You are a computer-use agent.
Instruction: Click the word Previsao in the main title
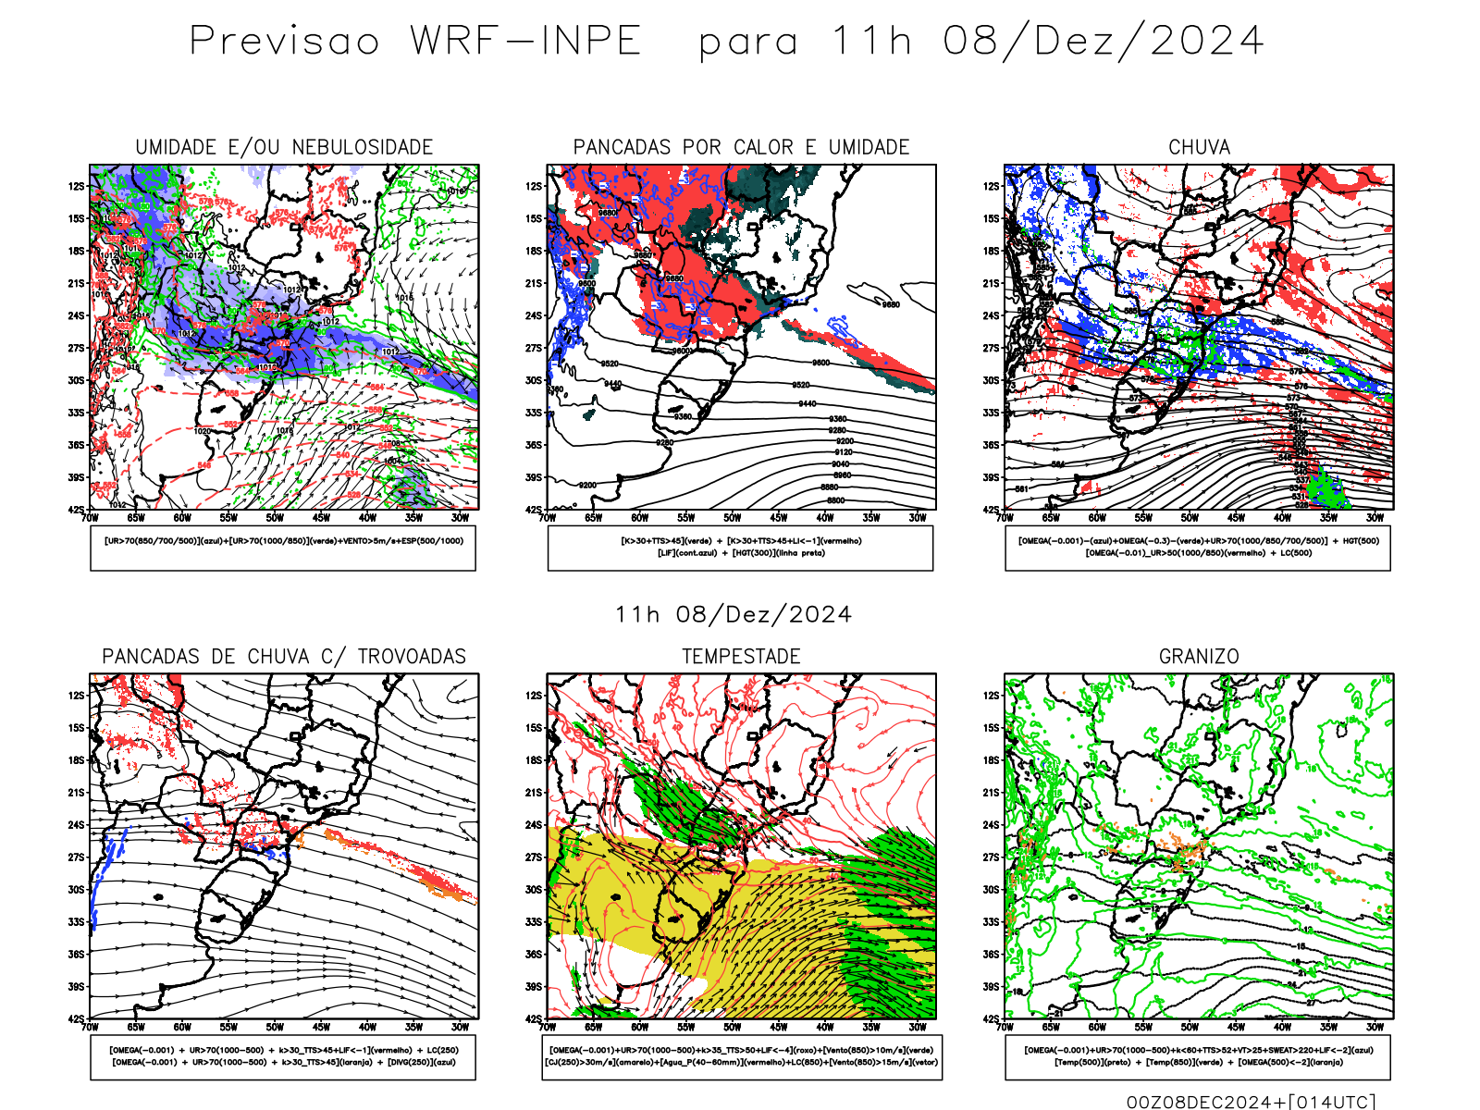[x=285, y=42]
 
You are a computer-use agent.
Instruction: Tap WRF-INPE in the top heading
[x=525, y=42]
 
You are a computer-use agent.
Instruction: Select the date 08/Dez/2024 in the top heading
[x=1103, y=42]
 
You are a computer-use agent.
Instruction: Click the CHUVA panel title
[x=1199, y=147]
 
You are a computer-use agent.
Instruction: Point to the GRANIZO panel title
[x=1199, y=657]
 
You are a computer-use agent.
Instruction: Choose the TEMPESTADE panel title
[x=741, y=657]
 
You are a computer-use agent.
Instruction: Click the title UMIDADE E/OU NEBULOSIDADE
[x=284, y=147]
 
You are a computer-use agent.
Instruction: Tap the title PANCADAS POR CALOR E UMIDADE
[x=741, y=147]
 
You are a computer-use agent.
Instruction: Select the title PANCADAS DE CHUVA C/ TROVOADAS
[x=284, y=657]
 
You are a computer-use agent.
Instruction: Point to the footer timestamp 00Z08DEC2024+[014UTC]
[x=1251, y=1102]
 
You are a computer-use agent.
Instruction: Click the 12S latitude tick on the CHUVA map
[x=992, y=186]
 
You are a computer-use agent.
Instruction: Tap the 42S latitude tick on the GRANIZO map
[x=992, y=1018]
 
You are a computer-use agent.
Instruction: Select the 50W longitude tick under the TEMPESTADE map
[x=732, y=1027]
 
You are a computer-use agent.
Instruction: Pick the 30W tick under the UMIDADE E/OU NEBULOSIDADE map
[x=460, y=518]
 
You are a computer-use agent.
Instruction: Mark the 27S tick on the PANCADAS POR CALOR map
[x=534, y=348]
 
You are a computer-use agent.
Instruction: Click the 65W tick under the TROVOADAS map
[x=136, y=1027]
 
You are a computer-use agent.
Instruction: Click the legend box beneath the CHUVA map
[x=1198, y=548]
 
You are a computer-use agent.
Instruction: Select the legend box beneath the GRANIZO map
[x=1198, y=1056]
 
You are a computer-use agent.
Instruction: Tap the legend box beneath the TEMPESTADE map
[x=741, y=1056]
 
